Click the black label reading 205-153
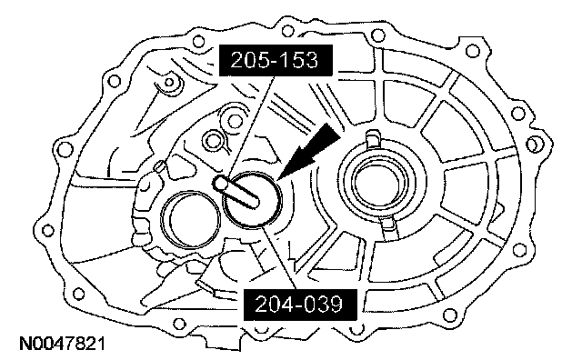point(276,61)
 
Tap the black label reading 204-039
point(300,305)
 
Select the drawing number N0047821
point(62,344)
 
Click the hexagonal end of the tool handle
point(220,183)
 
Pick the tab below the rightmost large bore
point(388,227)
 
